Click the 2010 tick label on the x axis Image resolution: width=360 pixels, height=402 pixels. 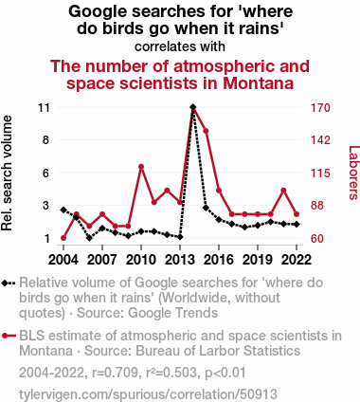point(141,260)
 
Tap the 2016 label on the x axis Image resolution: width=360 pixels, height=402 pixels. point(219,260)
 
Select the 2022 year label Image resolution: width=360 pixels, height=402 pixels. point(297,260)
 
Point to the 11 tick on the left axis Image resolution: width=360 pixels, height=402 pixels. point(44,108)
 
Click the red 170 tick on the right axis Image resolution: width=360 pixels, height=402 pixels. point(320,108)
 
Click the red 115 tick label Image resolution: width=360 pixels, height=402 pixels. point(320,174)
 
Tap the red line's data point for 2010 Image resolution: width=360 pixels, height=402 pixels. point(141,167)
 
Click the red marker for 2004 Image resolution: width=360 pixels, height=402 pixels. point(63,238)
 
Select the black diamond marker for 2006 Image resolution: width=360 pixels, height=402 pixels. point(89,238)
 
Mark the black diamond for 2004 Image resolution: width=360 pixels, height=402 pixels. point(63,210)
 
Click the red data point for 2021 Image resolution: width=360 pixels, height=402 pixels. point(283,191)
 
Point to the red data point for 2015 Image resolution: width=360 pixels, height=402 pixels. point(206,131)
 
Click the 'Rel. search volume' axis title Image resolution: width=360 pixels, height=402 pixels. point(7,174)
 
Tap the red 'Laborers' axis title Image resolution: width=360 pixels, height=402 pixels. point(353,173)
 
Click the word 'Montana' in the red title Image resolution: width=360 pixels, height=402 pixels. point(259,83)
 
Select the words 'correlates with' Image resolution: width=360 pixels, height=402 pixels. point(180,46)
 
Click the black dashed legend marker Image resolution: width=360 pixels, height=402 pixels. point(9,283)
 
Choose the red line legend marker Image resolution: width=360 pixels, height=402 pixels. point(9,336)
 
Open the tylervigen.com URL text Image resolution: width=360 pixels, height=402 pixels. point(148,394)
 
